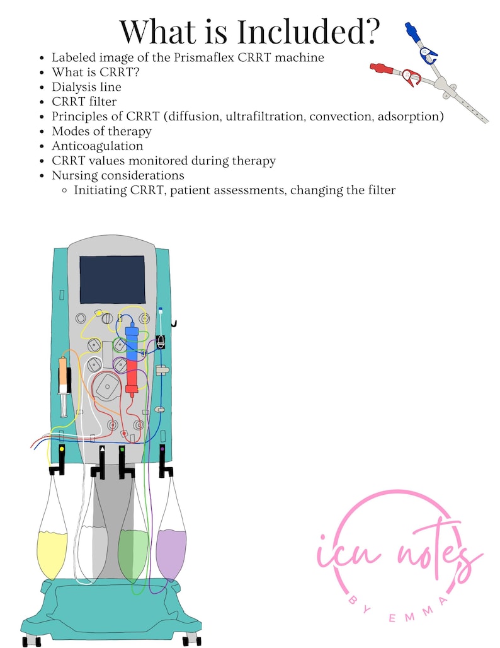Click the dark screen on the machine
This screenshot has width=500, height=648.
(112, 279)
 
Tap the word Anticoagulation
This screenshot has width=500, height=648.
(98, 146)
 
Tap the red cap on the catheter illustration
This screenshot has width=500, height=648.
(378, 67)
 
